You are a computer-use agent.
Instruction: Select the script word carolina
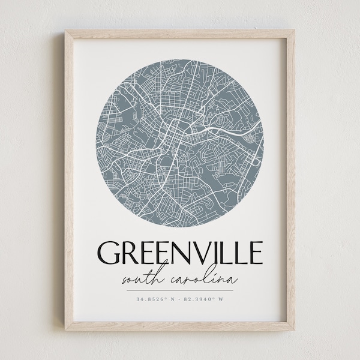point(204,278)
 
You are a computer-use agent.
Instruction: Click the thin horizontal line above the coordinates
point(180,289)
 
